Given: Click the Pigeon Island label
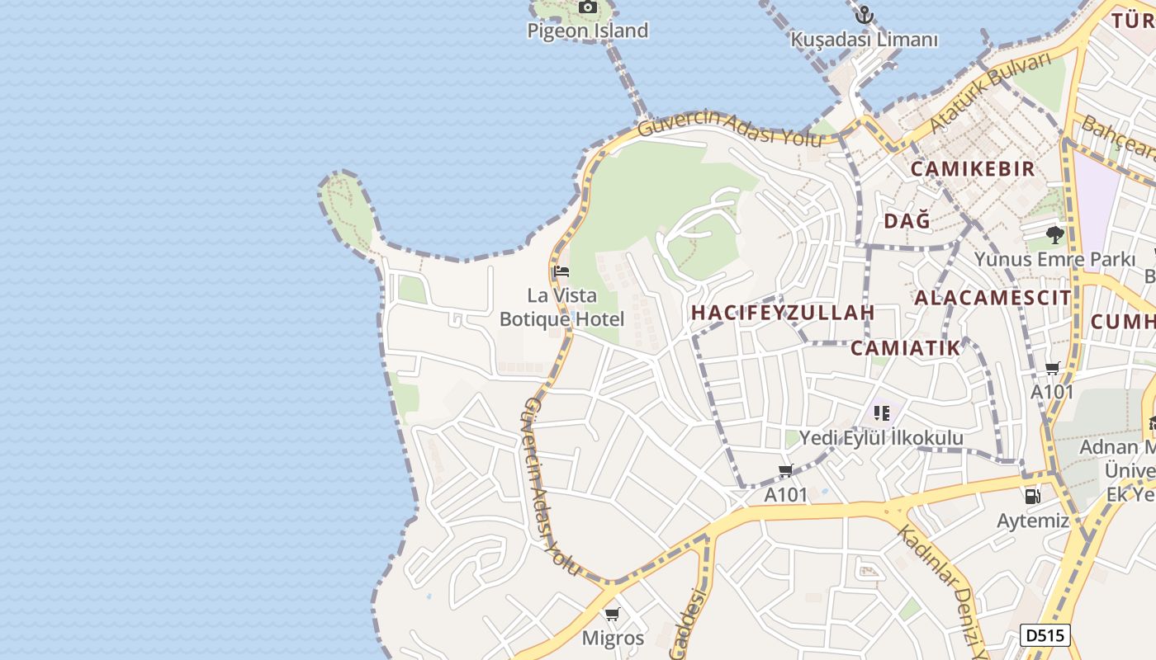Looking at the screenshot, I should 588,31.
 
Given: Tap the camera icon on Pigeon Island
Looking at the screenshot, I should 587,7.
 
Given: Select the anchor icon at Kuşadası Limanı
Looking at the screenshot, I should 864,15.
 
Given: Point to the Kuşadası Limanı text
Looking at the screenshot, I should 865,40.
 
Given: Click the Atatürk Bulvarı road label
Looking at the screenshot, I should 989,92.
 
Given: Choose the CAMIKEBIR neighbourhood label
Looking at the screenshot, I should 972,169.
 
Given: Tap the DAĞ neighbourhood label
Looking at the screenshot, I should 907,220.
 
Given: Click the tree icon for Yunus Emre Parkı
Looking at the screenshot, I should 1054,234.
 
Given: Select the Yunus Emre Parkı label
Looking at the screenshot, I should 1054,259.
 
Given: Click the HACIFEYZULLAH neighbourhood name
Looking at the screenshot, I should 783,313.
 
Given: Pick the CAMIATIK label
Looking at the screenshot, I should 906,348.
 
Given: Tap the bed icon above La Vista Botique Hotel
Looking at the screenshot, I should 561,271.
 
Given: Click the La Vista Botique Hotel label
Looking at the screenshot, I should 561,307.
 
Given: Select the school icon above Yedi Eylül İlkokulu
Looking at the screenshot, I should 881,412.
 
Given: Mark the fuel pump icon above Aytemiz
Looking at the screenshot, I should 1032,496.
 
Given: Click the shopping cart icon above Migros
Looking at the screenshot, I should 612,614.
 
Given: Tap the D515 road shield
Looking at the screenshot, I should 1045,635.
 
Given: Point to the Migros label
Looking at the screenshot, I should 613,638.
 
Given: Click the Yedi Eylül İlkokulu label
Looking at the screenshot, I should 881,437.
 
